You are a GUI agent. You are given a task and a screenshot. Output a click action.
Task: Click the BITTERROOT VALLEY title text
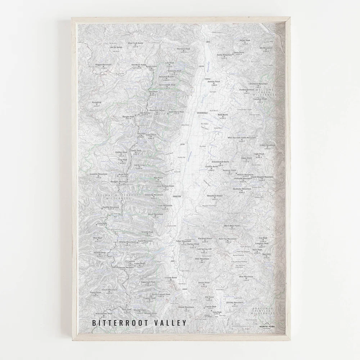coord(139,322)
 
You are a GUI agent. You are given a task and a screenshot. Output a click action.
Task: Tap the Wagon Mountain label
coord(103,64)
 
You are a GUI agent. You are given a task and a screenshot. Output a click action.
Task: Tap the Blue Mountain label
coord(246,276)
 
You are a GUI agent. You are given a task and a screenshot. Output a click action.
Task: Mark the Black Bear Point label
coord(232,226)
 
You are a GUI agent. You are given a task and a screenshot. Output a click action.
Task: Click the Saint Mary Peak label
coord(176,111)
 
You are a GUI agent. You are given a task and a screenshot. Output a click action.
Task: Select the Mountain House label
coord(215,195)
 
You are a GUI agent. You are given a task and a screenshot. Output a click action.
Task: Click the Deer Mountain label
coord(202,258)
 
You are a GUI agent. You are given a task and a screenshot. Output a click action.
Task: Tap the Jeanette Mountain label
coord(99,174)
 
